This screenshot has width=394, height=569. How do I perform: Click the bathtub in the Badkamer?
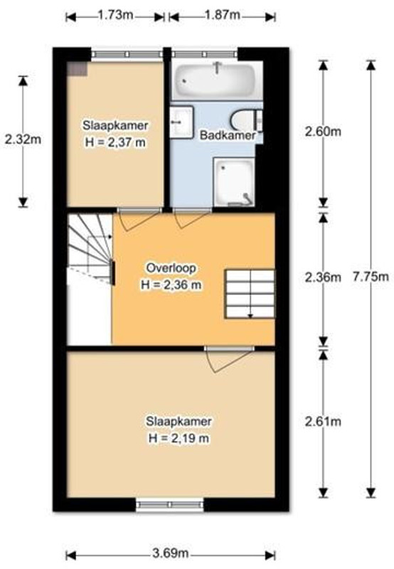pyautogui.click(x=217, y=80)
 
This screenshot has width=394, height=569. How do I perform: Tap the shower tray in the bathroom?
pyautogui.click(x=234, y=182)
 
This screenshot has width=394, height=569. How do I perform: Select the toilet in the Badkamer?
pyautogui.click(x=246, y=121)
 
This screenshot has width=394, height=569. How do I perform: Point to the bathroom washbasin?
pyautogui.click(x=181, y=122)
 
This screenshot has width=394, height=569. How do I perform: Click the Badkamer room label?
pyautogui.click(x=228, y=136)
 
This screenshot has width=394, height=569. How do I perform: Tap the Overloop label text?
pyautogui.click(x=171, y=268)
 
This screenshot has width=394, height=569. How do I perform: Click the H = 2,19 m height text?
pyautogui.click(x=179, y=438)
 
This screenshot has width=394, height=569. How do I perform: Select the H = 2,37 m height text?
pyautogui.click(x=115, y=142)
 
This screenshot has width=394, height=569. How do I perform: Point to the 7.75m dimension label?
pyautogui.click(x=371, y=277)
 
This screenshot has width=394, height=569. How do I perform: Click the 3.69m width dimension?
pyautogui.click(x=171, y=553)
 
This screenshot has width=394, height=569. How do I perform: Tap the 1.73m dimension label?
pyautogui.click(x=115, y=15)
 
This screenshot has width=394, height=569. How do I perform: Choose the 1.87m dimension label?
pyautogui.click(x=222, y=15)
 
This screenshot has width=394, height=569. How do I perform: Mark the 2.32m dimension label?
pyautogui.click(x=23, y=139)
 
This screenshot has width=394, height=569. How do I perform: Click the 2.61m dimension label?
pyautogui.click(x=323, y=422)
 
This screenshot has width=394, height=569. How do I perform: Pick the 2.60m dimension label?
pyautogui.click(x=323, y=132)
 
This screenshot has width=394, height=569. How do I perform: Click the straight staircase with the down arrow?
pyautogui.click(x=250, y=294)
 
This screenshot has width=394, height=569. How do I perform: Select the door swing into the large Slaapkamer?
pyautogui.click(x=229, y=360)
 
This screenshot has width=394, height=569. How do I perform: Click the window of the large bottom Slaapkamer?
pyautogui.click(x=170, y=505)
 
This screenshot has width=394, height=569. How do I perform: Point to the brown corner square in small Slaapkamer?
pyautogui.click(x=78, y=69)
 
